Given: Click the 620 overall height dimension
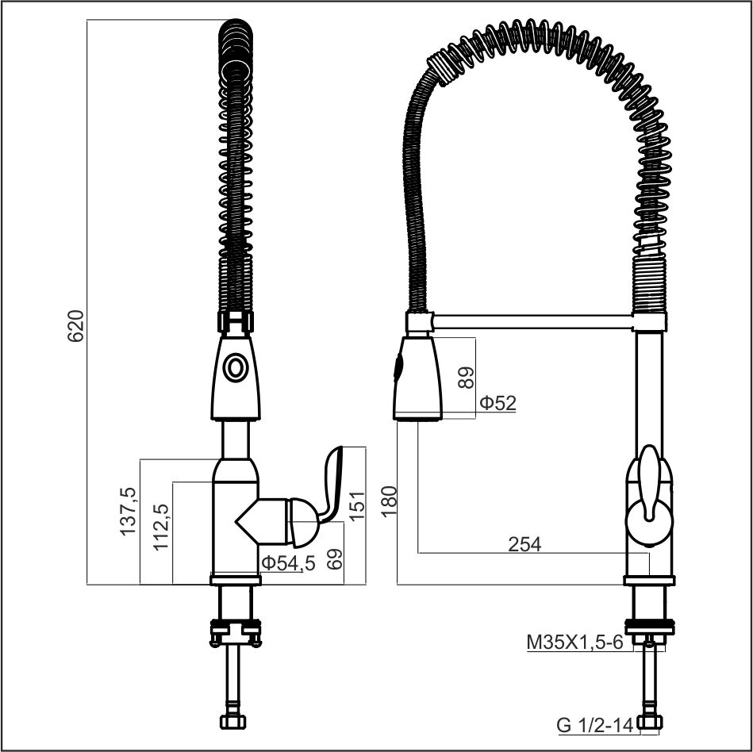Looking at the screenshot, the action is click(76, 326).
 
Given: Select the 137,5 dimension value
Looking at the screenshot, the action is click(129, 512).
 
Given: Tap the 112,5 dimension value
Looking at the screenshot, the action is click(161, 527).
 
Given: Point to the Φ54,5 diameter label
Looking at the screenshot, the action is click(288, 562).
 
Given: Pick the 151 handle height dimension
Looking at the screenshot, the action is click(357, 505).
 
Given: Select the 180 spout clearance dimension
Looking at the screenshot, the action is click(390, 501).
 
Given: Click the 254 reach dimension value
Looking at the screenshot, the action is click(524, 544).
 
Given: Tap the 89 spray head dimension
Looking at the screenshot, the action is click(466, 378).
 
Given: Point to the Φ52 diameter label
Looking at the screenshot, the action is click(498, 403).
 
